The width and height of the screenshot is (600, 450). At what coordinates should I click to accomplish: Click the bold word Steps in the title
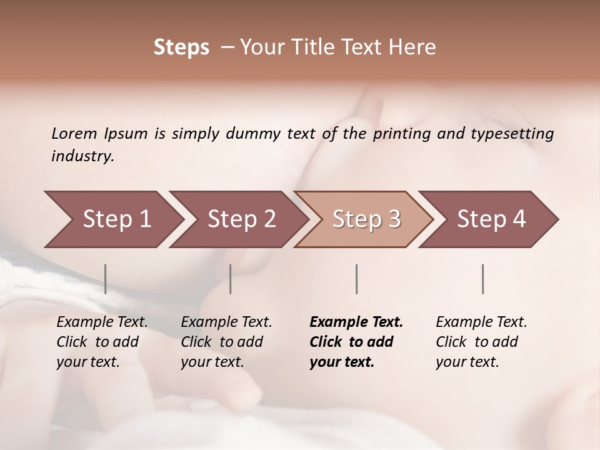tap(181, 47)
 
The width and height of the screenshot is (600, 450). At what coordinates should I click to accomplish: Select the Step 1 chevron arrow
tap(112, 219)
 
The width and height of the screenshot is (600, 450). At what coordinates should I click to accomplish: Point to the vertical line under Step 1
tap(106, 279)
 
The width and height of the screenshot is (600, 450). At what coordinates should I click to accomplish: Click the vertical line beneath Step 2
tap(231, 279)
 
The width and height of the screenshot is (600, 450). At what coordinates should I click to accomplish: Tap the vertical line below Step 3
tap(356, 279)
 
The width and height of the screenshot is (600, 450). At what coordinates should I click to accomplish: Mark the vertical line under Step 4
tap(482, 279)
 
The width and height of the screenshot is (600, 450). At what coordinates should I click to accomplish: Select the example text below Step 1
tap(101, 342)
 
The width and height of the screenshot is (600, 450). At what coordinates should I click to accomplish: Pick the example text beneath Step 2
tap(226, 342)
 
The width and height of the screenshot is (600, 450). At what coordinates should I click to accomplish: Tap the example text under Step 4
tap(481, 342)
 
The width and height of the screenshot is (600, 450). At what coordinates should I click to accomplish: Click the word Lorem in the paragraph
tap(74, 133)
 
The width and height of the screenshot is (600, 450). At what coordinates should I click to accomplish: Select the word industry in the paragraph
tap(82, 156)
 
